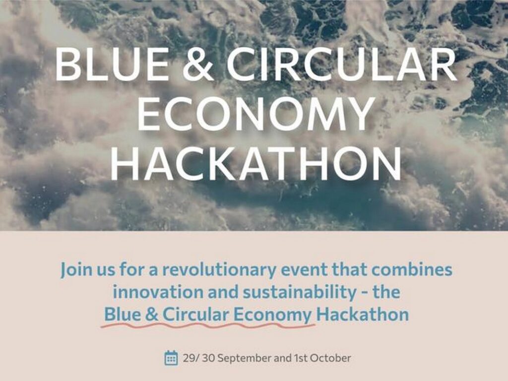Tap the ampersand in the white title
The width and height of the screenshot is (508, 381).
pyautogui.click(x=198, y=64)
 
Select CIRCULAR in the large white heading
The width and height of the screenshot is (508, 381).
pyautogui.click(x=341, y=64)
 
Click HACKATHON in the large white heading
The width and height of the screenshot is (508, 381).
pyautogui.click(x=255, y=164)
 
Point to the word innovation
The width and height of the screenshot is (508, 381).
pyautogui.click(x=157, y=292)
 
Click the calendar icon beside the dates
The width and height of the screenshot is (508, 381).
pyautogui.click(x=171, y=358)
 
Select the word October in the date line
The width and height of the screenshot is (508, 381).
pyautogui.click(x=330, y=358)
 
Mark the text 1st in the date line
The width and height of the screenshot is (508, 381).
pyautogui.click(x=301, y=358)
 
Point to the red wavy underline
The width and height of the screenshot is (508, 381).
pyautogui.click(x=208, y=324)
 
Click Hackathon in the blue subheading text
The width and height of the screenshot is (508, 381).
pyautogui.click(x=362, y=315)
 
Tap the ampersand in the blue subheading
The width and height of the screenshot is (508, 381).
pyautogui.click(x=152, y=315)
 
